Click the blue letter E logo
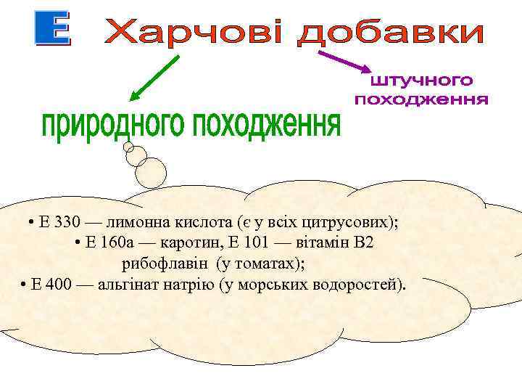click(x=53, y=30)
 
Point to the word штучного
click(x=421, y=80)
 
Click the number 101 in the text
click(x=263, y=242)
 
